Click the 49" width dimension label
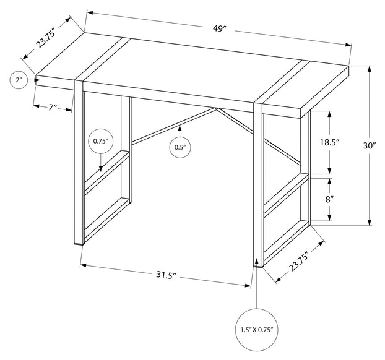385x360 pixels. click(x=219, y=28)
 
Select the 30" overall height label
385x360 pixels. click(x=370, y=145)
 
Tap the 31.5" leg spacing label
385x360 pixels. click(x=167, y=275)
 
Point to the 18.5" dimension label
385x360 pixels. click(x=329, y=142)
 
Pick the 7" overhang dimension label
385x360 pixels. click(x=53, y=108)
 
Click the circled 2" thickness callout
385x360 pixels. click(x=19, y=80)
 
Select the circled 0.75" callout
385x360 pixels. click(x=101, y=141)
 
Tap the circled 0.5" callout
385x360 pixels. click(x=180, y=147)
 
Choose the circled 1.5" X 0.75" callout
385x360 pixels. click(x=257, y=330)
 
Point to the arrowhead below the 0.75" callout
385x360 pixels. click(x=101, y=168)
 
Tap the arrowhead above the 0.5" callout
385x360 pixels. click(x=180, y=128)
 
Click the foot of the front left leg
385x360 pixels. click(x=79, y=244)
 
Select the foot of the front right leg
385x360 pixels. click(x=258, y=265)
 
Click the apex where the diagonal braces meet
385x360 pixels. click(x=216, y=108)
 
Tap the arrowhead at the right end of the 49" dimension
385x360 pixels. click(x=348, y=45)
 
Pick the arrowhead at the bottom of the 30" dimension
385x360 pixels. click(x=370, y=222)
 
